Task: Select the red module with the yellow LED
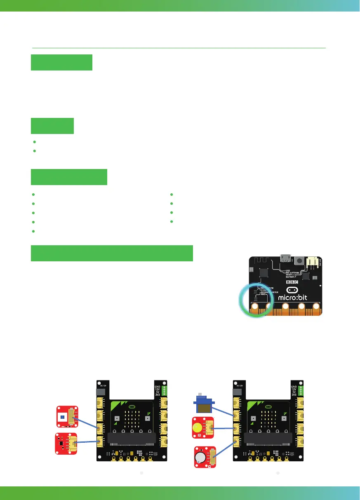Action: click(202, 428)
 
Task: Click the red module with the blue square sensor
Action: click(67, 416)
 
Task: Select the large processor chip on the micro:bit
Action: click(264, 273)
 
